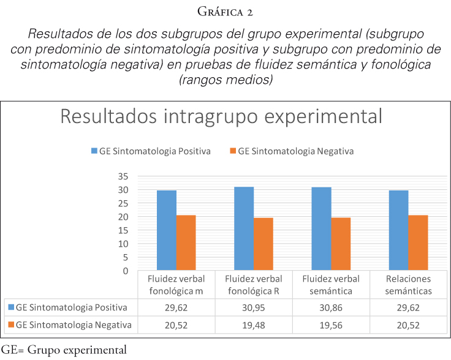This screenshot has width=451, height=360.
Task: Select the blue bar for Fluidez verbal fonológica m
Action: [x=167, y=230]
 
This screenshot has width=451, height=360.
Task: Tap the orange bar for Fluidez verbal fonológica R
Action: [x=263, y=244]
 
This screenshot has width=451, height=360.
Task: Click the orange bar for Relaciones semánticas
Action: [x=418, y=242]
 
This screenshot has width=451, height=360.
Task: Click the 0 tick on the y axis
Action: [x=125, y=271]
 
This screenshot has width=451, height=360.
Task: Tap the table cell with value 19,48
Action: [x=254, y=325]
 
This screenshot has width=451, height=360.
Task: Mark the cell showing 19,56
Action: [x=332, y=325]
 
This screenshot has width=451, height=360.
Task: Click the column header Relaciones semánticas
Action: [x=408, y=285]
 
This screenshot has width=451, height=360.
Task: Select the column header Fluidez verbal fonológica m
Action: [x=176, y=285]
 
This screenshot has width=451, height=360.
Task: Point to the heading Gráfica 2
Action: [x=225, y=12]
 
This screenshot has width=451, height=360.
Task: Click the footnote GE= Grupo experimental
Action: [x=64, y=351]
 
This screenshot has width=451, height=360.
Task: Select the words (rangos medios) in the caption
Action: [x=225, y=80]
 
